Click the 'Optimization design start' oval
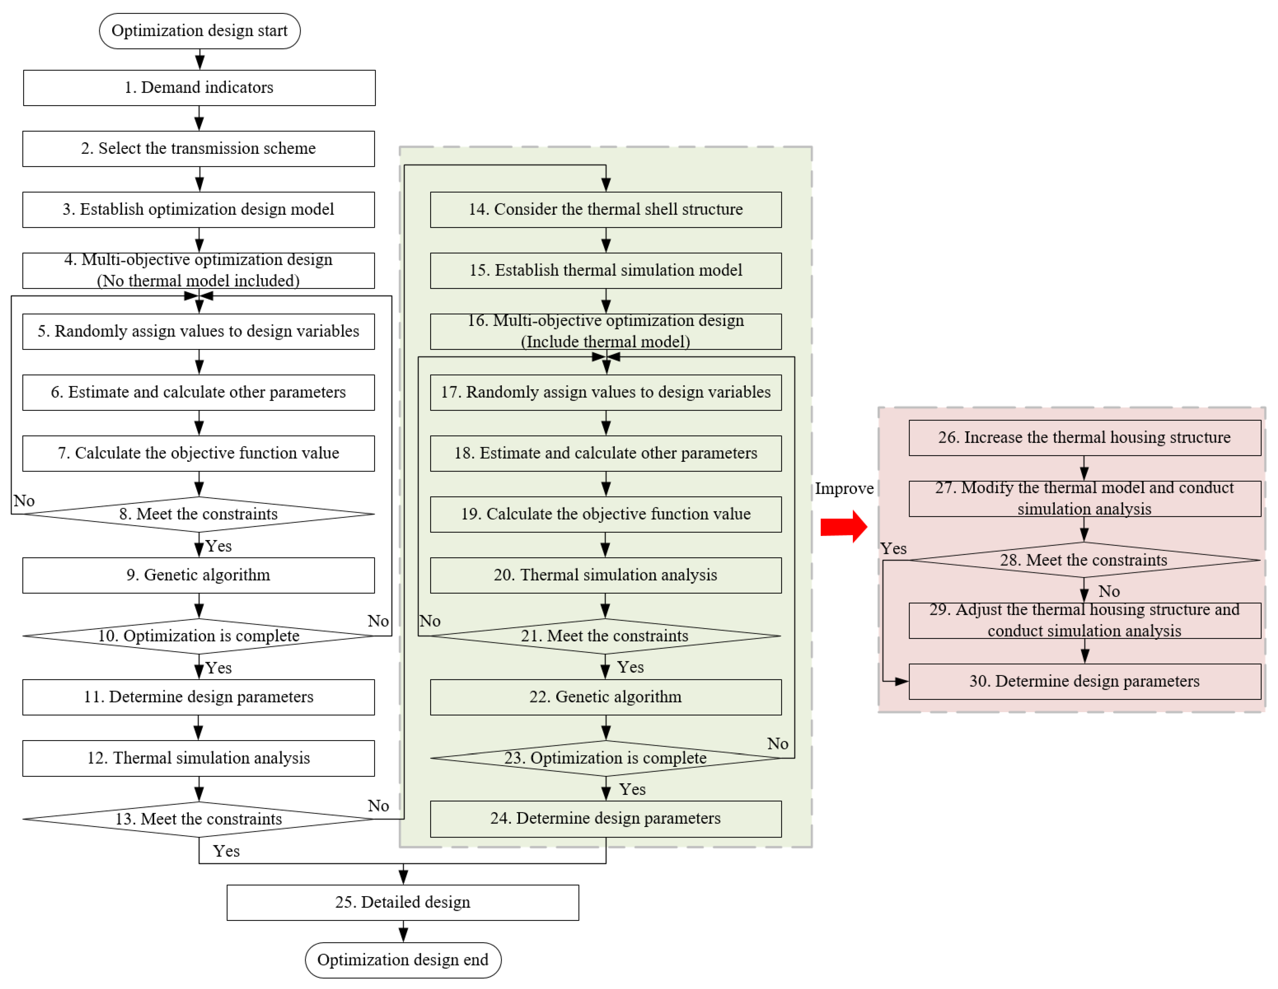(200, 31)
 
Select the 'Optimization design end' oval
(403, 960)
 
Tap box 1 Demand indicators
(199, 88)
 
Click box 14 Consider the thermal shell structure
(606, 209)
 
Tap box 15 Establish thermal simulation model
(606, 270)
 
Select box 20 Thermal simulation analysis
(606, 575)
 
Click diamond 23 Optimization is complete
(606, 758)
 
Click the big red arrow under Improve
(843, 527)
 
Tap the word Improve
(844, 488)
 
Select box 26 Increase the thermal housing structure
(1084, 437)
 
